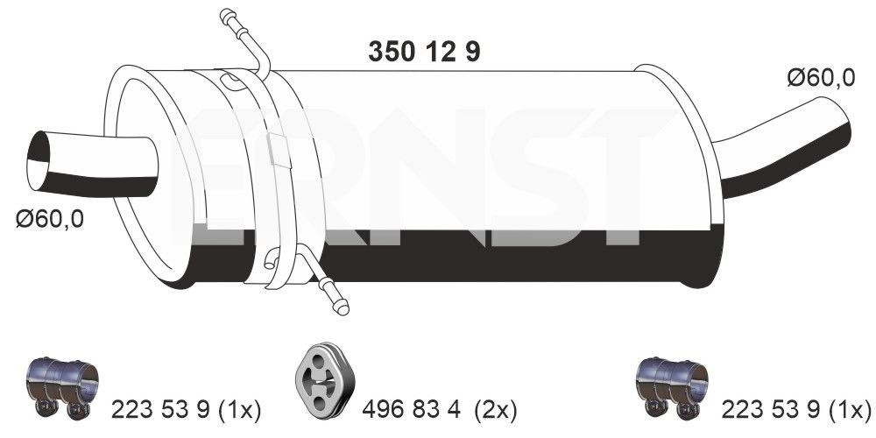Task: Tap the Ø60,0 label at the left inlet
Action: pos(50,218)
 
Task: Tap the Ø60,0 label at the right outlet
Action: pos(820,78)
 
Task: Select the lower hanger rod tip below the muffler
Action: pos(341,305)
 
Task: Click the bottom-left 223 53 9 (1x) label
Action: pos(187,408)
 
